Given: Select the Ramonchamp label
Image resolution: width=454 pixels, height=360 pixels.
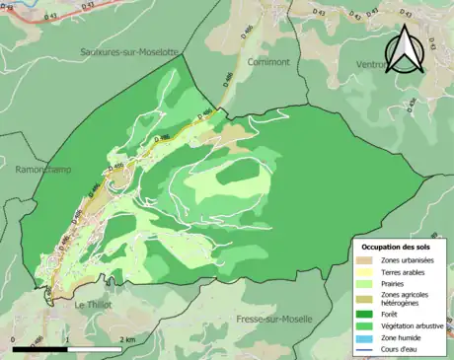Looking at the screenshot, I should tap(42, 169).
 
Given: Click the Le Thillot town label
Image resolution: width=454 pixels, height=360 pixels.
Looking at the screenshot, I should tap(94, 305).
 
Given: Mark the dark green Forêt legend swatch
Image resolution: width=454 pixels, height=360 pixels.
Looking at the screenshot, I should tap(367, 315).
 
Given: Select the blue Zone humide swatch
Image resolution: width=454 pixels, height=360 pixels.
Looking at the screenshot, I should tap(367, 338).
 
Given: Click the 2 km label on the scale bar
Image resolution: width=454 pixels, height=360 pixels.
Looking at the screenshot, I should tap(126, 339).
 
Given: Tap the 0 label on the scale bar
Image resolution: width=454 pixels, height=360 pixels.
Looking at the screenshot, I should tap(14, 339).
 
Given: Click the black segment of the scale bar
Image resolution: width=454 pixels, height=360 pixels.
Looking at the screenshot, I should tap(39, 349).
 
